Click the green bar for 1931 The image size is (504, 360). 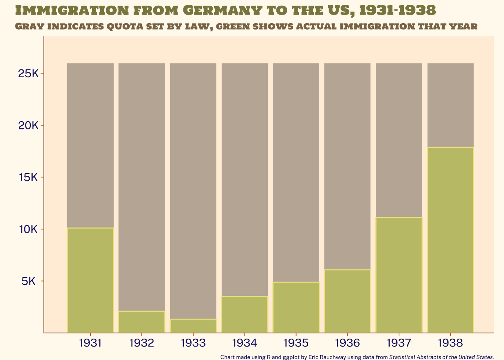90,280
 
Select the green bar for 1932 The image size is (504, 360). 142,322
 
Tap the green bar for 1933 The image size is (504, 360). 193,326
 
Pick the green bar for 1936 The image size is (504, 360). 347,301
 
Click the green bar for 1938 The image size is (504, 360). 450,240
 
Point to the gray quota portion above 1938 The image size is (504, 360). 450,105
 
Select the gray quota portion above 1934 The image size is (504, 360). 244,180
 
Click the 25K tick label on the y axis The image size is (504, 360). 28,73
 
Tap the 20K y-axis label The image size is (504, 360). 28,126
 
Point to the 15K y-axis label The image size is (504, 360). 28,177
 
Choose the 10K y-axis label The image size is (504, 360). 28,229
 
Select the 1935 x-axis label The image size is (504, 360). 296,343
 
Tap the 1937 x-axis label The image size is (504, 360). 399,343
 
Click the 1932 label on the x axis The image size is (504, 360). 142,343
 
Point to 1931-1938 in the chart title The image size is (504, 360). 397,10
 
